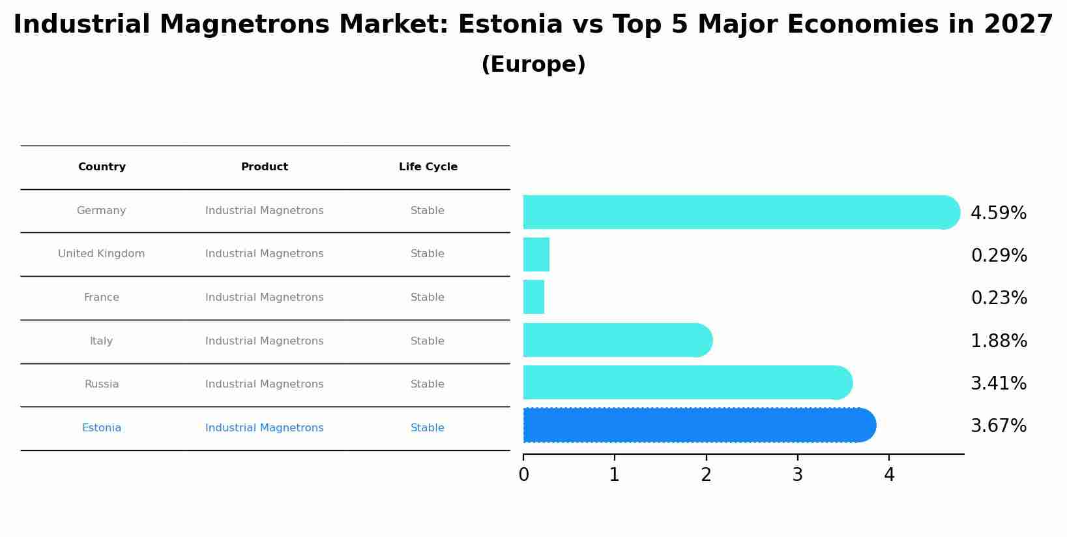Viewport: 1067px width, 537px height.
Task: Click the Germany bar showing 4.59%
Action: click(740, 212)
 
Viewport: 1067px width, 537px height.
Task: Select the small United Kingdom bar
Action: click(536, 254)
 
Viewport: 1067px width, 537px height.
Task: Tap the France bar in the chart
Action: click(533, 297)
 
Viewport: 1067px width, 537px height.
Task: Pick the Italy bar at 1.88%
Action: click(617, 340)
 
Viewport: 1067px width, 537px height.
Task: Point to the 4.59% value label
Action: click(998, 213)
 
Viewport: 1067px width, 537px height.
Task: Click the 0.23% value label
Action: click(999, 298)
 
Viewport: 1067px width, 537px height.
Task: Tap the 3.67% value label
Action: click(998, 426)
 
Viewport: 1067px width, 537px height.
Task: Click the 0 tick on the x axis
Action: click(523, 475)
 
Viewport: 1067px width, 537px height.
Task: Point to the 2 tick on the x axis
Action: click(706, 475)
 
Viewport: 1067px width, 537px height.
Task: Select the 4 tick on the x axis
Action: click(889, 475)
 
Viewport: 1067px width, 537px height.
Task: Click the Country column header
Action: click(102, 167)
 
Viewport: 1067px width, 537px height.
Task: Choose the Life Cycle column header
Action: click(428, 167)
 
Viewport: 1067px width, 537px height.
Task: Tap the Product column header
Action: click(264, 167)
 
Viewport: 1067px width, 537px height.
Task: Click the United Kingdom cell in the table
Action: click(101, 254)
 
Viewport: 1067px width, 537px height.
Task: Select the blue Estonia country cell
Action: click(101, 428)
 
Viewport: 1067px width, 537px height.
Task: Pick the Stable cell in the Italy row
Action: click(427, 341)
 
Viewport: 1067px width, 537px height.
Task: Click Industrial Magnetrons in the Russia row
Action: click(264, 384)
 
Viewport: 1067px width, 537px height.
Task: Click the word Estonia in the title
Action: click(510, 25)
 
